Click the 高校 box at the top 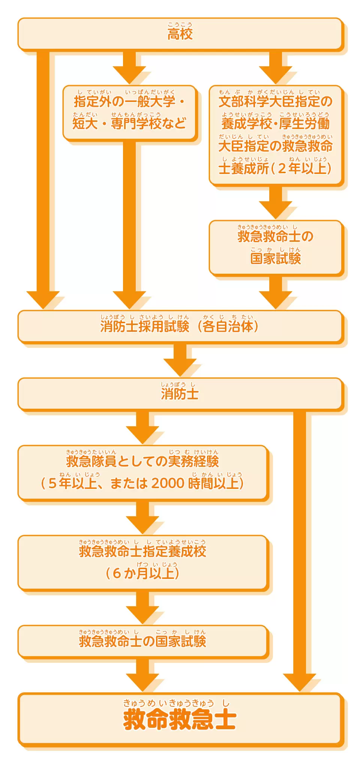[180, 34]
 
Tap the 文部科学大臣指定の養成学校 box [276, 135]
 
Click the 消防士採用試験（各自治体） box [180, 326]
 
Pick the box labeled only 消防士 [180, 394]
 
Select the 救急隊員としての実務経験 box [142, 472]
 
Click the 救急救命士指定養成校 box [142, 562]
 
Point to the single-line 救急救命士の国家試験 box [142, 641]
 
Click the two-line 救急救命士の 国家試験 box [276, 247]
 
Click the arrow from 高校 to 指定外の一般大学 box [129, 67]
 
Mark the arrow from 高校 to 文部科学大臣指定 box [276, 67]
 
